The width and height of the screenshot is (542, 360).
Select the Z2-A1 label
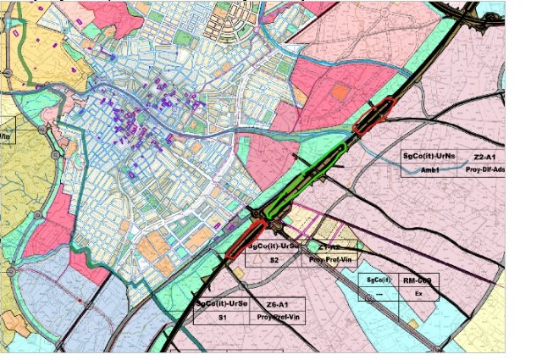click(485, 157)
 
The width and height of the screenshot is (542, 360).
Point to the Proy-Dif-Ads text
click(485, 169)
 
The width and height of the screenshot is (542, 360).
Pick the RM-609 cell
click(417, 280)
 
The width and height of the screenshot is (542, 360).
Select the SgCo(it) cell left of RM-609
click(375, 280)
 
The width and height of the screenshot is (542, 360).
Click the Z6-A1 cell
click(277, 304)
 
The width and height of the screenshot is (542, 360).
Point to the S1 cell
click(222, 318)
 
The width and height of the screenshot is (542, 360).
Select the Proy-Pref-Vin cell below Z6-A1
click(277, 318)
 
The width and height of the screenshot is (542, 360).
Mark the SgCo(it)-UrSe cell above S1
click(222, 304)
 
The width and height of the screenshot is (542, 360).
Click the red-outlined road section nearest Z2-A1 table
click(374, 116)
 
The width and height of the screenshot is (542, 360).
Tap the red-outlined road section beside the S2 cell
click(245, 240)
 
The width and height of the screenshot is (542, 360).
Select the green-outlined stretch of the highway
click(305, 179)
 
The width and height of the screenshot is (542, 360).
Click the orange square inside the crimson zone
click(340, 91)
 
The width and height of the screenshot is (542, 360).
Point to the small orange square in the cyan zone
click(412, 324)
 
